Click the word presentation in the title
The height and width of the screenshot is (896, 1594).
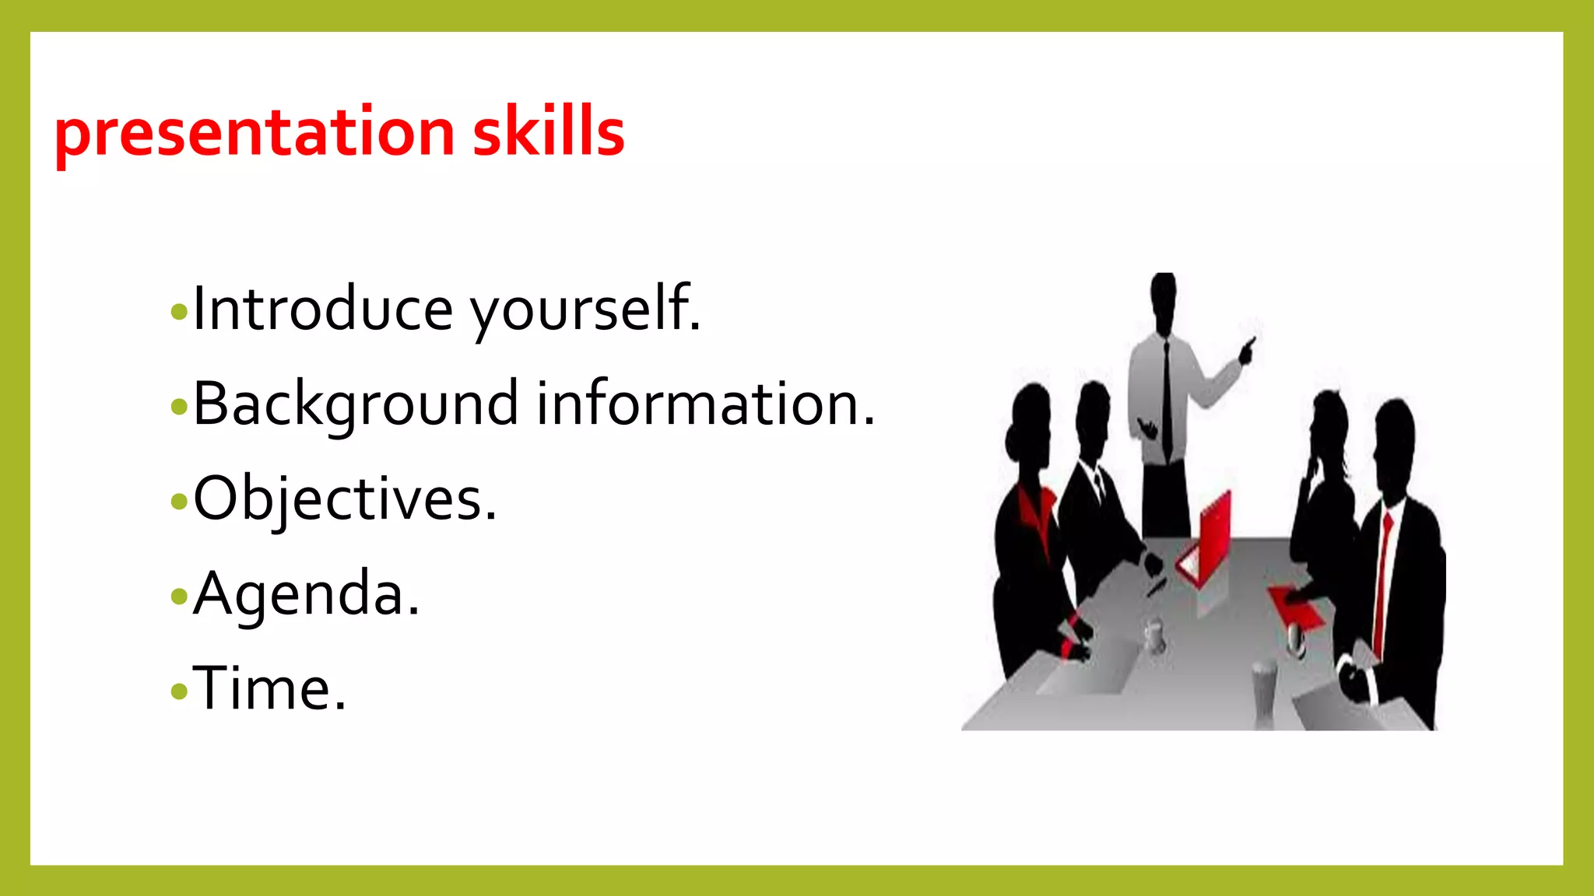point(254,132)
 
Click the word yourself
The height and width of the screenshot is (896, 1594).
point(585,309)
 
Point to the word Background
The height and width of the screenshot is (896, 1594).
point(355,404)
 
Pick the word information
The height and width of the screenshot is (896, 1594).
point(705,404)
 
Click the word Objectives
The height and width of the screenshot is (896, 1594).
point(345,499)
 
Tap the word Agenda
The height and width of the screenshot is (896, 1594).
point(307,594)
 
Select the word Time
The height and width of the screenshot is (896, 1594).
point(269,689)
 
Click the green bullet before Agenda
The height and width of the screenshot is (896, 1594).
point(179,597)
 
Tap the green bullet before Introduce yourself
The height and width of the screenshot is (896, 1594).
point(179,312)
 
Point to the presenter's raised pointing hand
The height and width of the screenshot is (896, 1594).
point(1247,350)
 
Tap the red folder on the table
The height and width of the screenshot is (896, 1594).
point(1296,606)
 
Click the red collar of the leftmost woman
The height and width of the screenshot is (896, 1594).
point(1036,513)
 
